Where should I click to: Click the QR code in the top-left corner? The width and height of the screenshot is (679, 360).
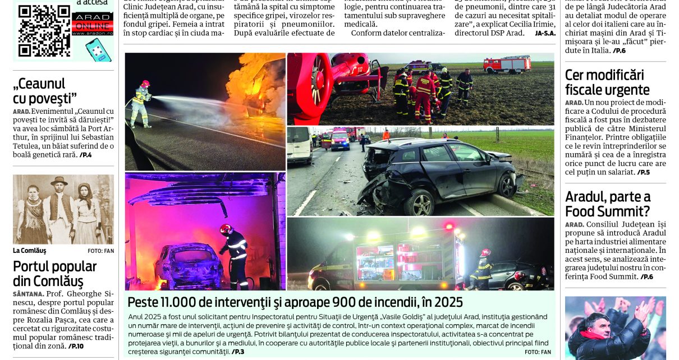[44, 30]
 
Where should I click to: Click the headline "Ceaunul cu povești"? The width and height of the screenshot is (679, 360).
[45, 91]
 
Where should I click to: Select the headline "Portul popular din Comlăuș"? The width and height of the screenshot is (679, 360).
[55, 273]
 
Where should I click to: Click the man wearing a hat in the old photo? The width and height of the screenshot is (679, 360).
[59, 207]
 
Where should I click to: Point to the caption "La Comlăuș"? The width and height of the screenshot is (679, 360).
[30, 251]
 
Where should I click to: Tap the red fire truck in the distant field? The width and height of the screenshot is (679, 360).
[507, 64]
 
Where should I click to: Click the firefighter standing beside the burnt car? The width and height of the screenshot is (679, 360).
[235, 255]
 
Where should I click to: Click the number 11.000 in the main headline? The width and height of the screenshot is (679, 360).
[175, 302]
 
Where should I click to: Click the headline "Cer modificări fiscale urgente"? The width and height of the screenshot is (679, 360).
[607, 82]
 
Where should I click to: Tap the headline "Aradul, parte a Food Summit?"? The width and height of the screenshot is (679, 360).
[608, 204]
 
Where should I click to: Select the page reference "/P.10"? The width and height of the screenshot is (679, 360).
[76, 346]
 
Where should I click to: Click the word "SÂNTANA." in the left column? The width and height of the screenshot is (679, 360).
[29, 294]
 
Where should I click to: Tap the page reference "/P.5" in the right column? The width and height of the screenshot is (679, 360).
[643, 172]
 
